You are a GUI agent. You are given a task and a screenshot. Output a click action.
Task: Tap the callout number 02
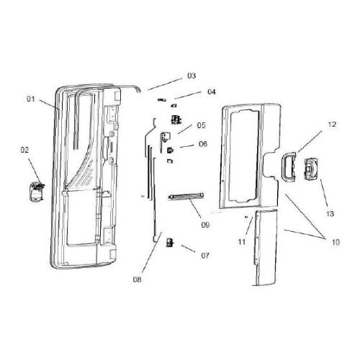[24, 150]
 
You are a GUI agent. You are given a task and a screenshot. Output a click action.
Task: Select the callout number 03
[192, 76]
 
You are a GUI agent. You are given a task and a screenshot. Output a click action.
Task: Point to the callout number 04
[211, 92]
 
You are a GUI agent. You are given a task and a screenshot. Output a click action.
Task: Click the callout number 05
[202, 125]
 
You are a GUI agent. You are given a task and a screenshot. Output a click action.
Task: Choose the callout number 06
[202, 144]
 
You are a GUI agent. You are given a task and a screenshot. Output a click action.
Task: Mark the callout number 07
[204, 255]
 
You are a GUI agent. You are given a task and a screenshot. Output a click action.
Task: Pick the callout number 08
[137, 279]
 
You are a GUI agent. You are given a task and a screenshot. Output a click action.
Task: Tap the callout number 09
[205, 225]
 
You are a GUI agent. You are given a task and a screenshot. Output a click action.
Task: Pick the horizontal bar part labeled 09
[186, 196]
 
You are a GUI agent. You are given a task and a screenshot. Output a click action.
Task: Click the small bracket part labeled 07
[170, 243]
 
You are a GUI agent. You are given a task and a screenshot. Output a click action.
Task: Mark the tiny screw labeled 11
[247, 215]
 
